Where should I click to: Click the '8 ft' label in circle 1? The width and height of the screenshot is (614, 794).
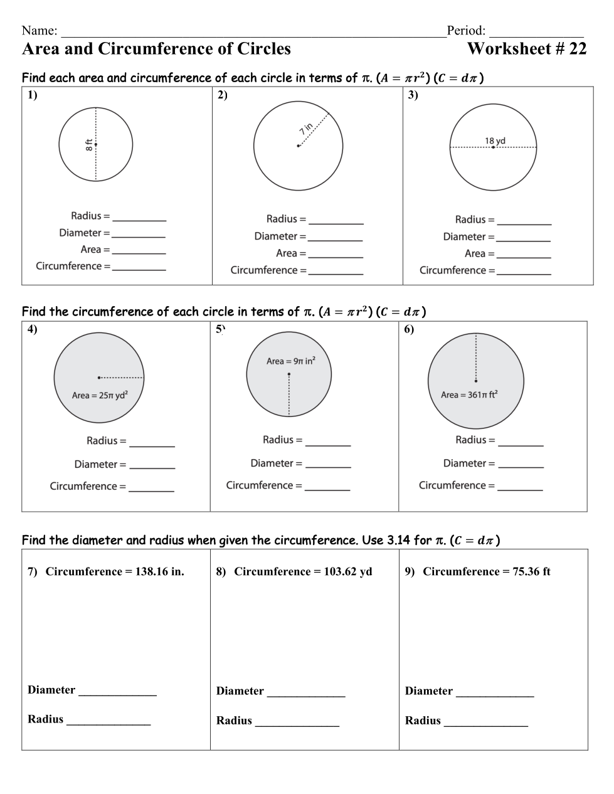click(x=90, y=145)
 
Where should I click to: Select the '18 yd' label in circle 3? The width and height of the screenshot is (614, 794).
click(x=495, y=140)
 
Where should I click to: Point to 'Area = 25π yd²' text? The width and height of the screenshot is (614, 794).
click(x=100, y=395)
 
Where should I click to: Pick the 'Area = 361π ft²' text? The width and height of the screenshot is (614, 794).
click(x=469, y=394)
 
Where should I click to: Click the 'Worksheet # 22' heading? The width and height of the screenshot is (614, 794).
click(x=527, y=49)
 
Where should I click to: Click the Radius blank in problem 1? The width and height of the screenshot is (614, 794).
click(x=139, y=219)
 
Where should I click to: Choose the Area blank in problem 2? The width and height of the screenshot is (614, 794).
click(x=336, y=256)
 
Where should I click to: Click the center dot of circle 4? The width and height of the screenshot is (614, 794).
click(x=99, y=378)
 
